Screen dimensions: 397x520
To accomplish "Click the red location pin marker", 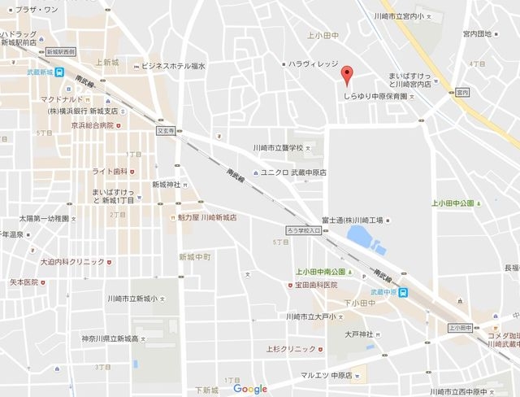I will [x=347, y=75].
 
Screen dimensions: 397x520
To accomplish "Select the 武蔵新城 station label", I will [x=38, y=72].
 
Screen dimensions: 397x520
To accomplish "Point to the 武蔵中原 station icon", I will [x=403, y=294].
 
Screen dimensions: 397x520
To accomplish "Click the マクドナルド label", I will [x=51, y=99].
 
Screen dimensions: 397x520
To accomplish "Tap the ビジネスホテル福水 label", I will [x=173, y=65].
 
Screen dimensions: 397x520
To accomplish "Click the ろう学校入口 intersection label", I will [x=304, y=231].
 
